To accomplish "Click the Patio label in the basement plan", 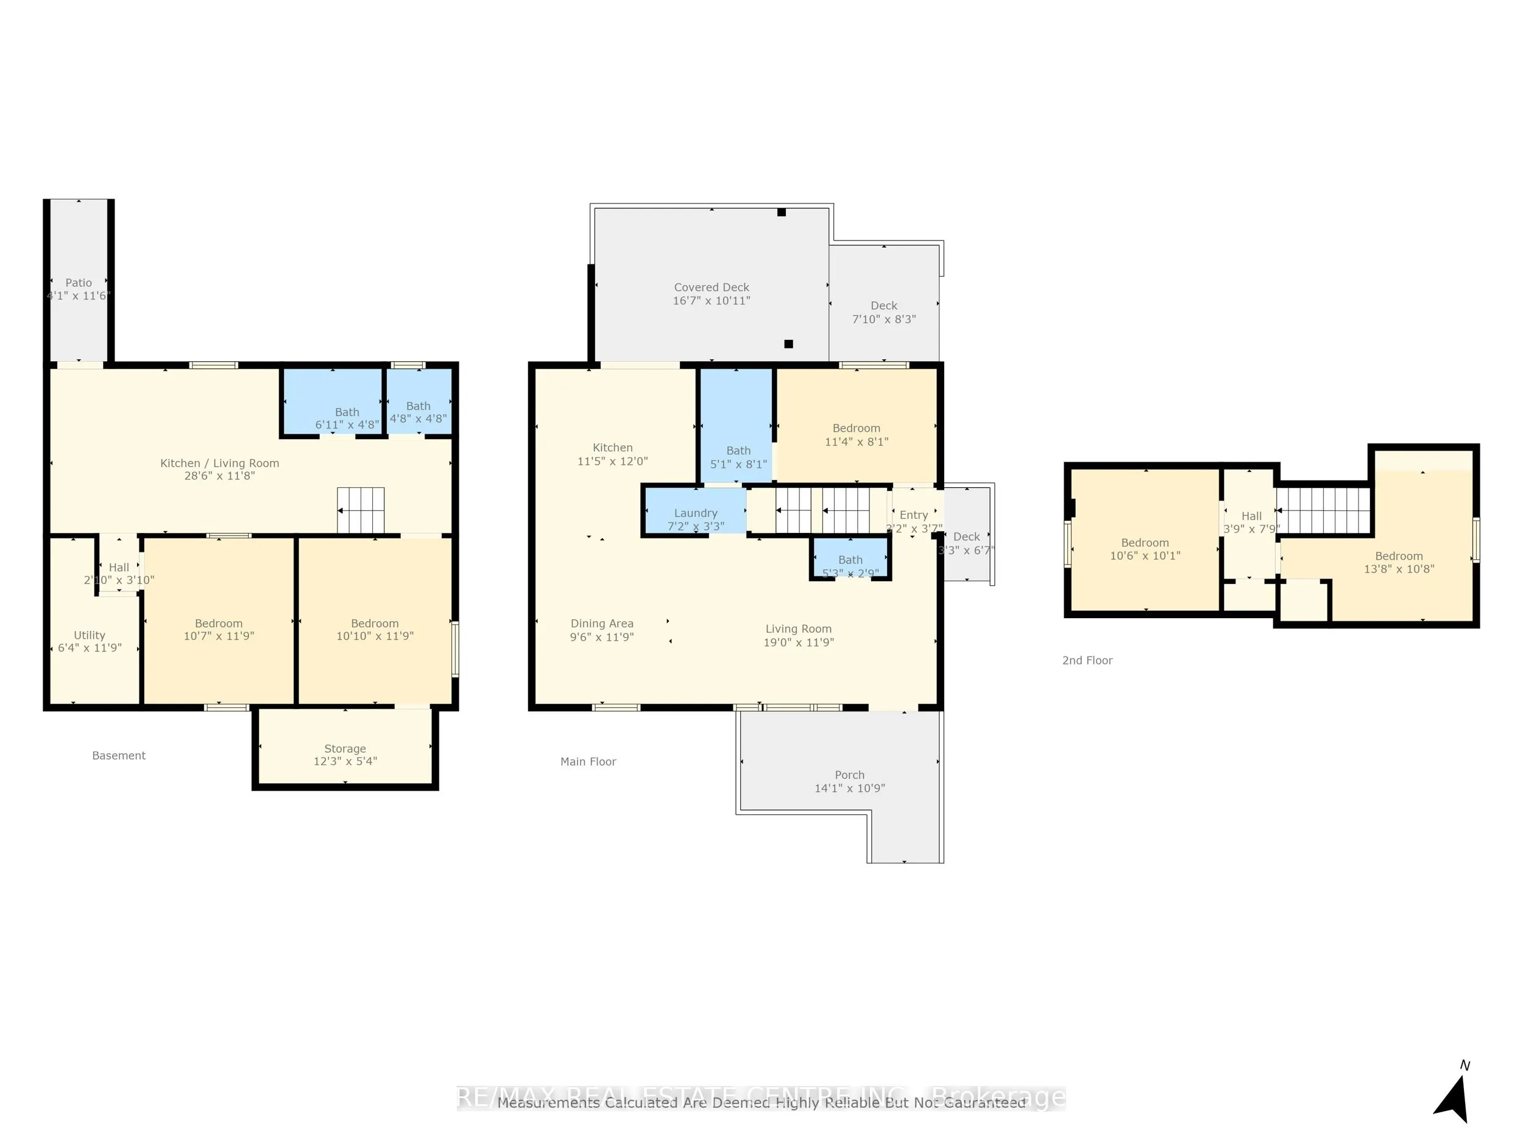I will (x=79, y=282).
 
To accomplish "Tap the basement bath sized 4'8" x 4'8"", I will (x=418, y=412).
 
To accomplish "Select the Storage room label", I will (x=345, y=749).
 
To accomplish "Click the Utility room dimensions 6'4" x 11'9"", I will (x=90, y=648).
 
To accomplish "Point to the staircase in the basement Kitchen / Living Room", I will (x=360, y=510).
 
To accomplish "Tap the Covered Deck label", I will (x=711, y=287).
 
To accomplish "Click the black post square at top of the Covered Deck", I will (x=782, y=212).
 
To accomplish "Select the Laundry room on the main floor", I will (x=696, y=519).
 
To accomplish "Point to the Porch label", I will (x=850, y=774).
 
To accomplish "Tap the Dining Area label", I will (x=602, y=623).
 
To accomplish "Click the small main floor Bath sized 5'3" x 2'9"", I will (x=850, y=566).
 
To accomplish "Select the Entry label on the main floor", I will (x=914, y=515).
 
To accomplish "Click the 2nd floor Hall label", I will (x=1251, y=516).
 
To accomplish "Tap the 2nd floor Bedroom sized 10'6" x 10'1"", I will (x=1145, y=549).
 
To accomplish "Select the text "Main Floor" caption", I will (x=588, y=761).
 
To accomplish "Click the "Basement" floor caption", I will (x=118, y=755).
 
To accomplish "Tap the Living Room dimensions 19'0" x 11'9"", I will (x=799, y=642).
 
